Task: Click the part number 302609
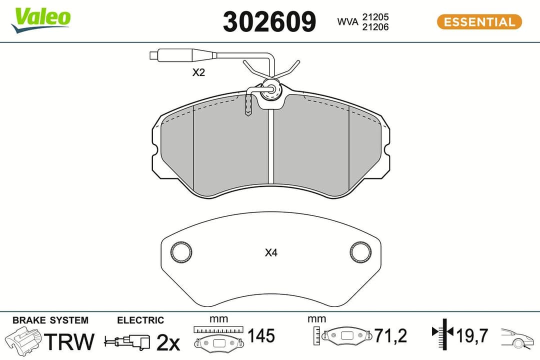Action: pos(269,22)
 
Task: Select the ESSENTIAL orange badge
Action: pos(479,22)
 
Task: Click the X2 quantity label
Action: pos(199,72)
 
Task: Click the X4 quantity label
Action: pos(271,253)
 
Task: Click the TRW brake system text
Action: pos(69,341)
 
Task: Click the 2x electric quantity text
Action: pos(168,342)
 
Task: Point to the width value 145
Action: pos(261,336)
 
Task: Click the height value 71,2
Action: pos(390,336)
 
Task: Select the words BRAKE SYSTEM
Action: pos(50,320)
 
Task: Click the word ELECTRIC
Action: pos(140,320)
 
